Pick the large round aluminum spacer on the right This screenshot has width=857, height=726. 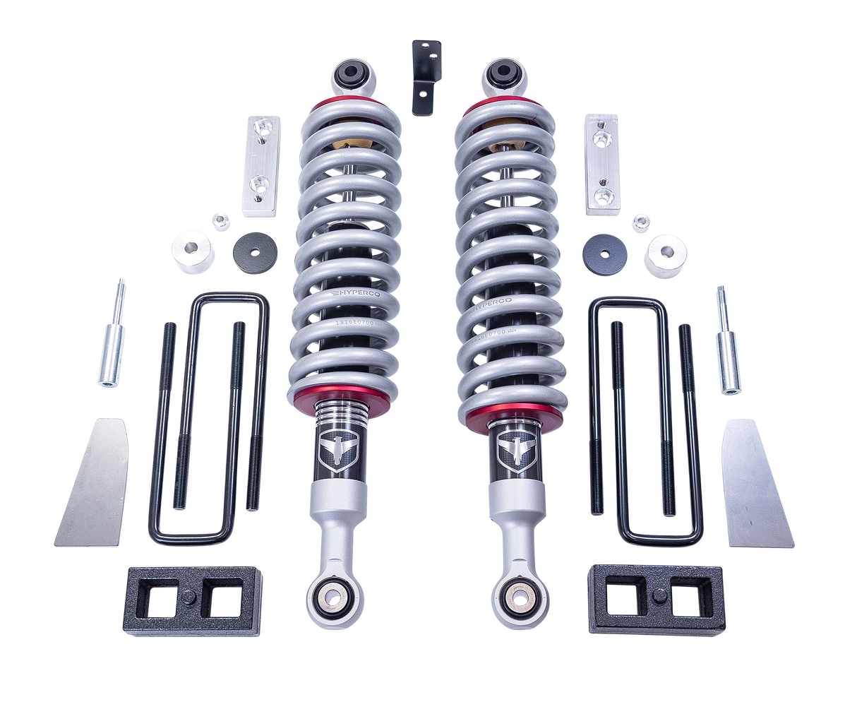point(665,249)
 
